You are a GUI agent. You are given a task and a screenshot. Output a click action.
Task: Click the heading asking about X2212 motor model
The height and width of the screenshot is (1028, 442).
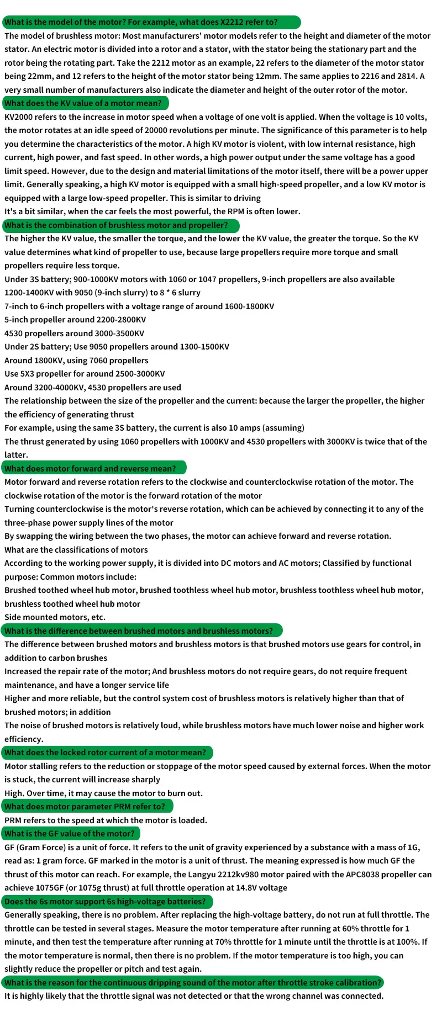pyautogui.click(x=141, y=23)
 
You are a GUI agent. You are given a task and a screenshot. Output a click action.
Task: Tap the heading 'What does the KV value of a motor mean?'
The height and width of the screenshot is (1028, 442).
pyautogui.click(x=83, y=103)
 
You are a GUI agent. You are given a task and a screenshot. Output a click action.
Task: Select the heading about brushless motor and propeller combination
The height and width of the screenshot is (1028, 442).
pyautogui.click(x=117, y=225)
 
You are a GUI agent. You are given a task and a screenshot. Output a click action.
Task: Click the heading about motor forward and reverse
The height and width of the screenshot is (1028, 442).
pyautogui.click(x=91, y=469)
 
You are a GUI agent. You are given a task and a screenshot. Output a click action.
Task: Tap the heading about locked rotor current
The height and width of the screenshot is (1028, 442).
pyautogui.click(x=106, y=753)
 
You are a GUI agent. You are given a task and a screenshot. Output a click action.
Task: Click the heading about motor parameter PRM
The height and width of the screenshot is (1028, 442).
pyautogui.click(x=85, y=807)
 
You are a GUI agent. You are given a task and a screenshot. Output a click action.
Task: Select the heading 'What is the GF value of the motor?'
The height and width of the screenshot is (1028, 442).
pyautogui.click(x=70, y=834)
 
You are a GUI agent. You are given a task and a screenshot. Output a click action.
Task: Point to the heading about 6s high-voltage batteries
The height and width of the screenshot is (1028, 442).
pyautogui.click(x=106, y=902)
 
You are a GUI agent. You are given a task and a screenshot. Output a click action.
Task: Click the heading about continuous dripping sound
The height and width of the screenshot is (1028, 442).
pyautogui.click(x=193, y=983)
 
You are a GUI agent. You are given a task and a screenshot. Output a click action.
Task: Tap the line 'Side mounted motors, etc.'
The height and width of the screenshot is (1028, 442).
pyautogui.click(x=55, y=617)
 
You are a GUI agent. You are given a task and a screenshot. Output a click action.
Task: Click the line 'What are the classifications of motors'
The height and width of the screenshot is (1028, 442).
pyautogui.click(x=76, y=550)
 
